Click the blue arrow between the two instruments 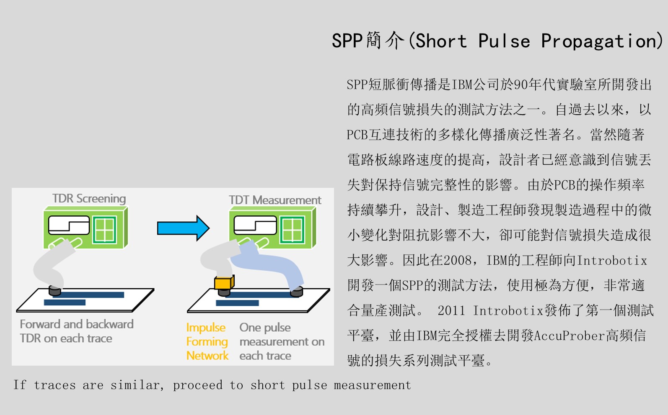tap(183, 228)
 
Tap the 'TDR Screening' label tap(89, 199)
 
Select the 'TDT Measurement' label tap(275, 200)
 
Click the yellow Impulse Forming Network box tap(224, 282)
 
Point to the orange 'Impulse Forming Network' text tap(207, 342)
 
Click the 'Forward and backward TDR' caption tap(77, 331)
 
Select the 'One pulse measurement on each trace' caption tap(282, 342)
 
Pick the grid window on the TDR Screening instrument tap(104, 230)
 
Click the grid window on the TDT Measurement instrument tap(292, 230)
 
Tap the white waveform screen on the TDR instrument tap(69, 225)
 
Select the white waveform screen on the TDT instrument tap(255, 225)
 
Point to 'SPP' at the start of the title tap(347, 41)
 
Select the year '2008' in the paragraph tap(458, 261)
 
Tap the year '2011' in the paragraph tap(451, 311)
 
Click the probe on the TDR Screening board tap(55, 291)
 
